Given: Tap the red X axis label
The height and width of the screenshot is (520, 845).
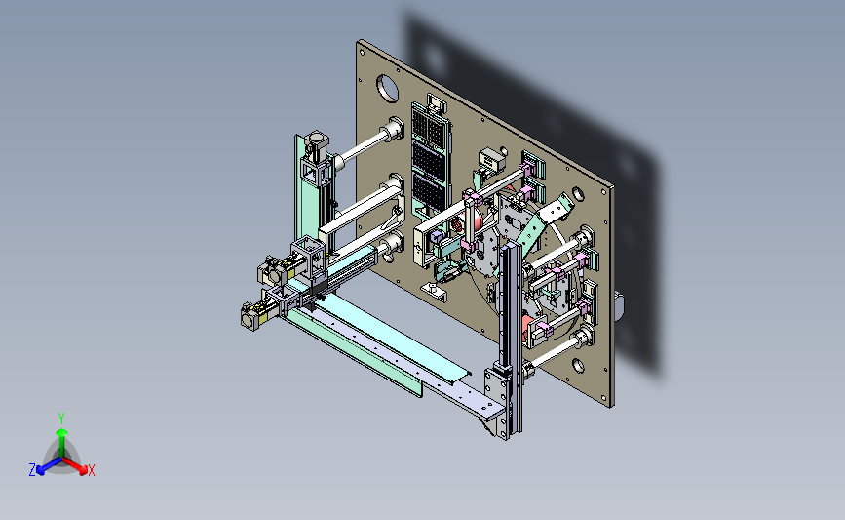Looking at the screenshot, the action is pyautogui.click(x=92, y=470).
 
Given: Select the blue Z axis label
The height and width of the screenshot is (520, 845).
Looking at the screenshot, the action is pyautogui.click(x=32, y=470).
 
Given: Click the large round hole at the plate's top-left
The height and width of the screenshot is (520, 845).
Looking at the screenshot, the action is pyautogui.click(x=387, y=88).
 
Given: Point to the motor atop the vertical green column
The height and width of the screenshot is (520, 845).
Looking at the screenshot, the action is pyautogui.click(x=317, y=144).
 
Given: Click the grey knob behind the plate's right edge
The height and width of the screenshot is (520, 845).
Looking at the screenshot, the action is pyautogui.click(x=619, y=305).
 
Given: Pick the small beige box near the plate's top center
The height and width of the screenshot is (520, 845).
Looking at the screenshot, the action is pyautogui.click(x=491, y=159).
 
